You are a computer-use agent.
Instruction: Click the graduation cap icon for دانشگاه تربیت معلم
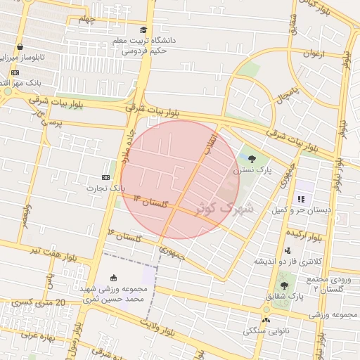tap(143, 30)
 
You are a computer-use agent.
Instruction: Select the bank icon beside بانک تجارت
tap(106, 177)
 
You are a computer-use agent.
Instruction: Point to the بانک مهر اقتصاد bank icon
tap(15, 72)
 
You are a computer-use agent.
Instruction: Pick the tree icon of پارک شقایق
tap(284, 285)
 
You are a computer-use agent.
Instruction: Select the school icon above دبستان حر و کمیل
tap(302, 199)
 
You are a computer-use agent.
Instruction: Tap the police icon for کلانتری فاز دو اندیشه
tap(287, 250)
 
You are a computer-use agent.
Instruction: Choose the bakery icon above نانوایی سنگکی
tap(266, 320)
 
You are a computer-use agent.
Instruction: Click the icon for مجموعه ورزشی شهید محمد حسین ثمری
tap(114, 278)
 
